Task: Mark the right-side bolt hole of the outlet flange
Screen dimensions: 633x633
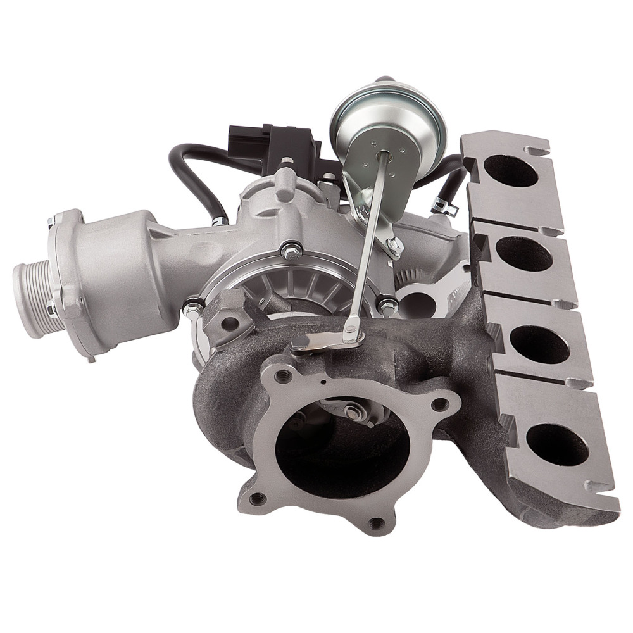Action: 441,403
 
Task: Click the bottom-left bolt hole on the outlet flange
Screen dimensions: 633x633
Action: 256,498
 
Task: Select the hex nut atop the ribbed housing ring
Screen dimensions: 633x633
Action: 292,251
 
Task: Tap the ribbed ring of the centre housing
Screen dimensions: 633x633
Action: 291,291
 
